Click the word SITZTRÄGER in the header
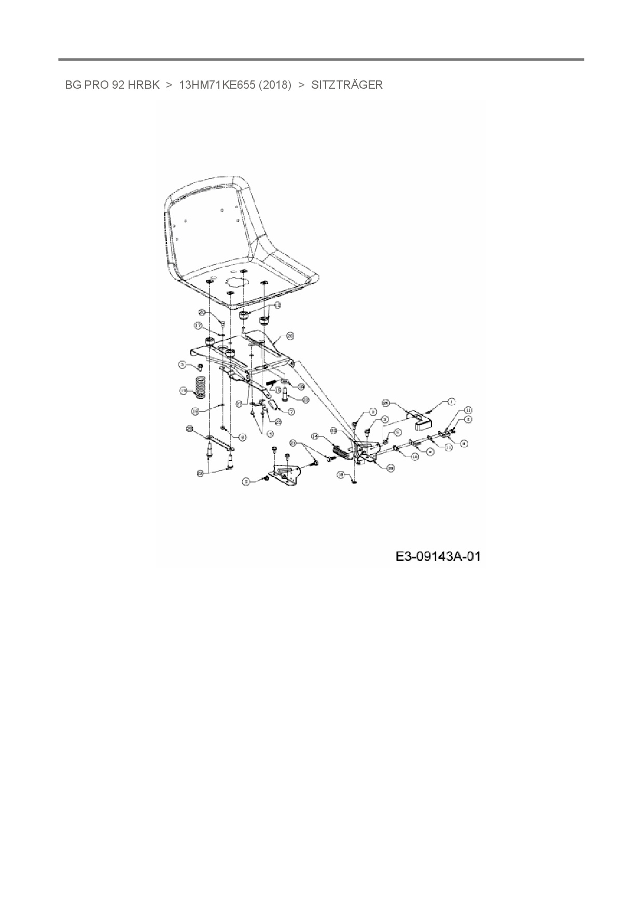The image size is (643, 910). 346,85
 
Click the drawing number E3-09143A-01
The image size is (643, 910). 438,557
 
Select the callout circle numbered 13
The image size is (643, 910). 183,390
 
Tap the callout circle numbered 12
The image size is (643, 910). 277,306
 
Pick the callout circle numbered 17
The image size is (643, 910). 198,325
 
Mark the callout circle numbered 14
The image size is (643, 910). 315,436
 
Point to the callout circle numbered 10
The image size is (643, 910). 415,457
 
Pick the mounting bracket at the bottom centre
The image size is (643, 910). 288,475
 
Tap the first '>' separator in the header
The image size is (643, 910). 169,85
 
